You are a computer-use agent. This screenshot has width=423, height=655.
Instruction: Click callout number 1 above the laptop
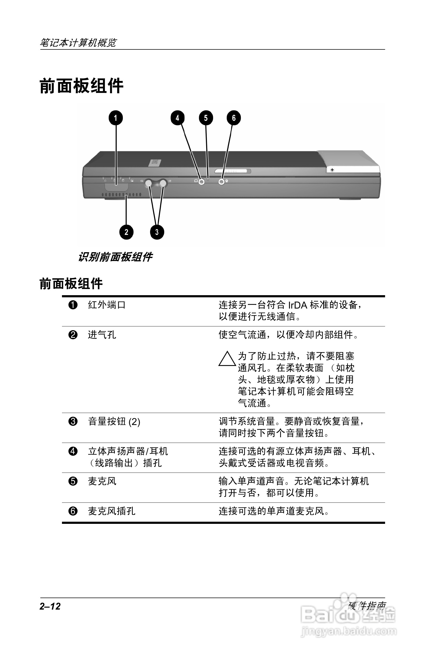(x=116, y=118)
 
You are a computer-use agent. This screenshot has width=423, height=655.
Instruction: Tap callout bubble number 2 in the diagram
(x=126, y=232)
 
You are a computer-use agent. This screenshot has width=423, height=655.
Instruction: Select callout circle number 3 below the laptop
(x=157, y=232)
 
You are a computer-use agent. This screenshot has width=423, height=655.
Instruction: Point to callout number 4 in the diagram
(x=177, y=118)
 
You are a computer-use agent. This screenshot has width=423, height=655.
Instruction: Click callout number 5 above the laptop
(x=206, y=118)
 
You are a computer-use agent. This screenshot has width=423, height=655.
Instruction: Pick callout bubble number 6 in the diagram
(x=234, y=118)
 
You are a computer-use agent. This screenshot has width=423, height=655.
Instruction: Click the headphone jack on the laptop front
(x=202, y=182)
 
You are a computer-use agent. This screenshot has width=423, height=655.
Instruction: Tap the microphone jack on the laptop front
(x=221, y=182)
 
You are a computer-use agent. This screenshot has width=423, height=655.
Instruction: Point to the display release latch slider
(x=233, y=171)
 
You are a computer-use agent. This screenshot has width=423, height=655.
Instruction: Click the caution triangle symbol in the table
(x=227, y=359)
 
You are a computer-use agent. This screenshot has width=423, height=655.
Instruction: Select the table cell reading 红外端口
(x=107, y=305)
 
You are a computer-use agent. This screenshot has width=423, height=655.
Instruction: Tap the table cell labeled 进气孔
(x=102, y=335)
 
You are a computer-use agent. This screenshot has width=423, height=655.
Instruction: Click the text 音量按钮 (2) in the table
(x=114, y=422)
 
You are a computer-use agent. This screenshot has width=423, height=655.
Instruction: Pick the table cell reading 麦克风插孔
(x=112, y=511)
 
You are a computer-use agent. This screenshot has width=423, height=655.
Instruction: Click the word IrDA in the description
(x=297, y=305)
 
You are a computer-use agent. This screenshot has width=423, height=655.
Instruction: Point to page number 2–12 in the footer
(x=50, y=606)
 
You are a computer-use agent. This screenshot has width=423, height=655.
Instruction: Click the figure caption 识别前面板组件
(x=115, y=257)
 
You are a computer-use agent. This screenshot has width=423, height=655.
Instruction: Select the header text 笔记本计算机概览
(x=78, y=42)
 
